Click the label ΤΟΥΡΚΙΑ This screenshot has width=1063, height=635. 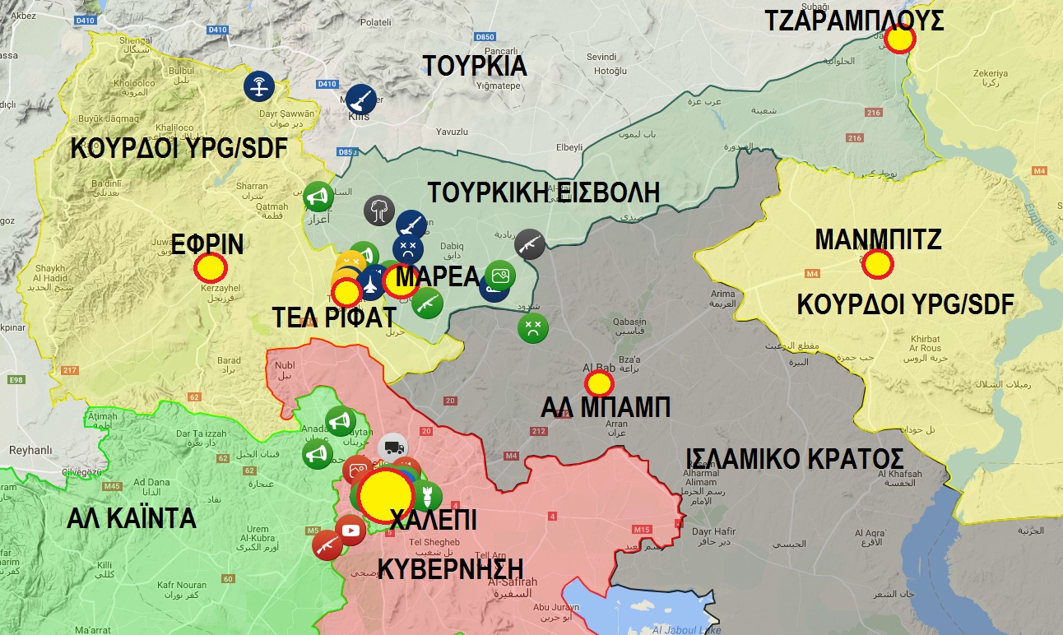[x=475, y=65]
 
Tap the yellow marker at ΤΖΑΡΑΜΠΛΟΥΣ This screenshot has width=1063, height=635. [x=901, y=39]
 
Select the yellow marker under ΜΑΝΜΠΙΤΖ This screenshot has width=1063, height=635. [x=878, y=264]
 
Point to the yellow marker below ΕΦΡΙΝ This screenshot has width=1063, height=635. [x=211, y=267]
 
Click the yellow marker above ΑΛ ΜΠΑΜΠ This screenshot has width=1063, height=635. [x=599, y=382]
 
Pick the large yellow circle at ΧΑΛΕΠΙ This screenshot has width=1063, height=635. [x=388, y=497]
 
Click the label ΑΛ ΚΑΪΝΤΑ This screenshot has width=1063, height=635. [x=132, y=518]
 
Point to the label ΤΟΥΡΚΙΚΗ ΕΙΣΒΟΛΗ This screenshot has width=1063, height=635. [x=543, y=192]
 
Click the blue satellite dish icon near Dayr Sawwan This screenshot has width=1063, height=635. [x=260, y=85]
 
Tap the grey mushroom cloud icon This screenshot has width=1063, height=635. [x=379, y=209]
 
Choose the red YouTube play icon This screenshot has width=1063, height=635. [x=351, y=531]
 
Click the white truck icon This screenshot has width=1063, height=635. [x=392, y=447]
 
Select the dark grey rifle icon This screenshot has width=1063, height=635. [x=530, y=243]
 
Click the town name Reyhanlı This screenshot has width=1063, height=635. [x=30, y=450]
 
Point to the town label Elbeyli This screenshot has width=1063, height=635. [x=569, y=148]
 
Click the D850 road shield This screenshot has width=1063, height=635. [x=485, y=38]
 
